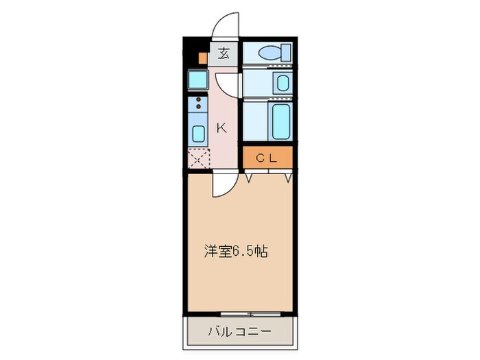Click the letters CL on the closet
(x=267, y=158)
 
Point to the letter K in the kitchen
(x=221, y=128)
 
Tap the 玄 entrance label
(x=224, y=52)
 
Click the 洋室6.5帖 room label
(x=235, y=252)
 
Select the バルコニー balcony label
(x=239, y=332)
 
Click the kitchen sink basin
(x=198, y=133)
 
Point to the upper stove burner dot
(x=198, y=100)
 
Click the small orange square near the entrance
(x=202, y=58)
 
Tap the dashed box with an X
(x=198, y=159)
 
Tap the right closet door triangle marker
(x=289, y=178)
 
